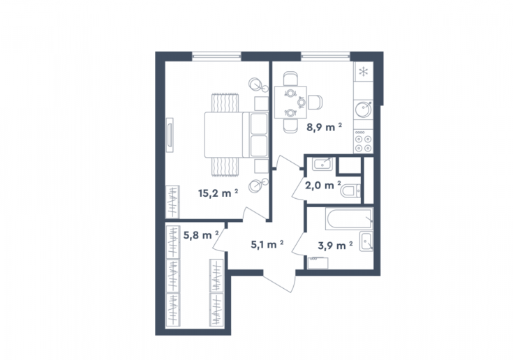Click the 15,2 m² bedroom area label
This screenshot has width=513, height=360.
[x=218, y=193]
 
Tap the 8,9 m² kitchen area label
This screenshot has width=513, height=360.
[x=325, y=127]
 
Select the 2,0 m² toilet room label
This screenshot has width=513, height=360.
[x=323, y=186]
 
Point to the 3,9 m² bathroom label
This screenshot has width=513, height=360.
[x=335, y=245]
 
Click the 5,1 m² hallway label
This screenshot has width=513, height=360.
[x=267, y=244]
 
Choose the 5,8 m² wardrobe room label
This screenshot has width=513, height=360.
[x=201, y=235]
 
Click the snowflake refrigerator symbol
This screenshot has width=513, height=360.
[x=363, y=72]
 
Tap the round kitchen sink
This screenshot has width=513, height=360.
[x=364, y=109]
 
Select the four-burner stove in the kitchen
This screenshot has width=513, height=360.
[x=364, y=141]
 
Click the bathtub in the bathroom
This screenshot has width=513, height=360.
[x=349, y=219]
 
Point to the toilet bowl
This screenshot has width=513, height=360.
[x=350, y=191]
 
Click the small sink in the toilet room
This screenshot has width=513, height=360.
[x=322, y=164]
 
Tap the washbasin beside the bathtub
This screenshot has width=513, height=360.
[x=366, y=241]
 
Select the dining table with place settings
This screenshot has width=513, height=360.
[x=290, y=102]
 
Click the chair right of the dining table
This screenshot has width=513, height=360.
[x=315, y=102]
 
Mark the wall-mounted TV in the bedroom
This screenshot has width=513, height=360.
[x=170, y=135]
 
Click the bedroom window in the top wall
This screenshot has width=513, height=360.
[x=216, y=57]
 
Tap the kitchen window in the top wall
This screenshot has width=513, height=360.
[x=325, y=57]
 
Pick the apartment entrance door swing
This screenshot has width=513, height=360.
[x=279, y=281]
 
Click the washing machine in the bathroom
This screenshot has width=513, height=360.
[x=318, y=263]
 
